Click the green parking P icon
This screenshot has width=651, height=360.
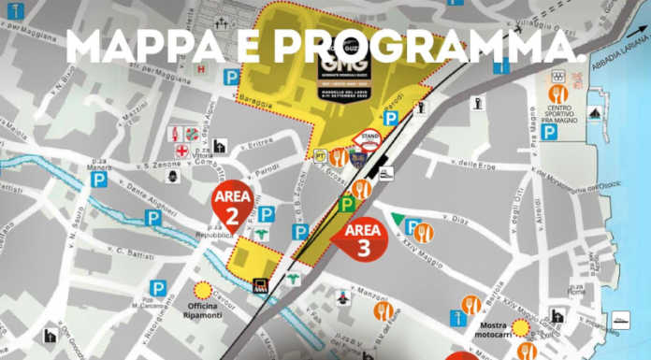click(x=346, y=202)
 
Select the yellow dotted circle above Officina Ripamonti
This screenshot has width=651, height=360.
click(x=202, y=291)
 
